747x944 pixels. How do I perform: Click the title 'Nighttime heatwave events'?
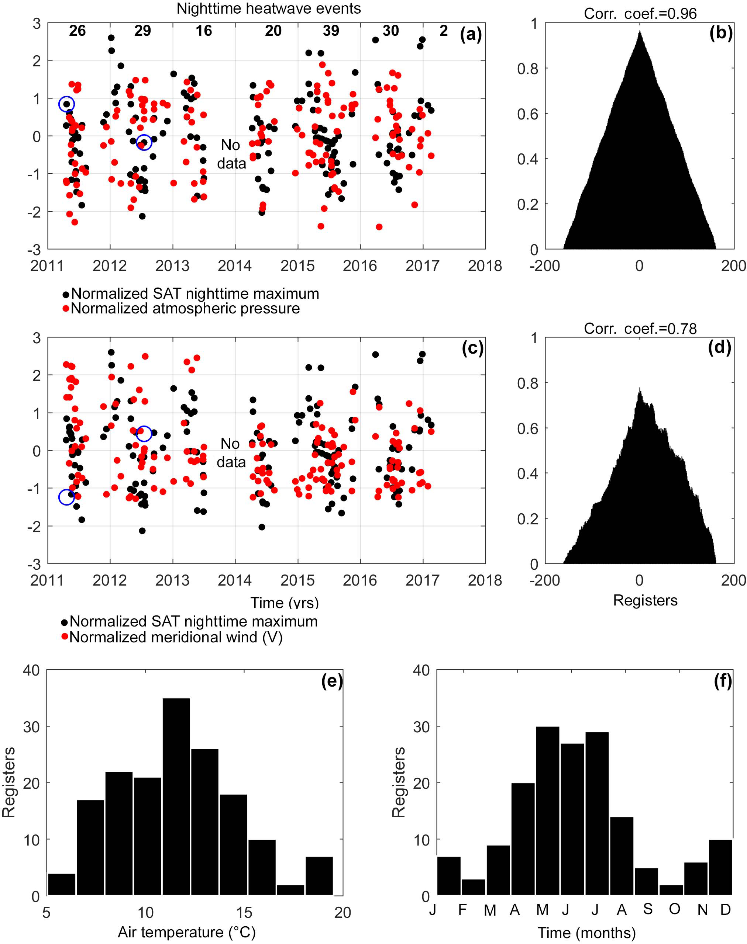269,9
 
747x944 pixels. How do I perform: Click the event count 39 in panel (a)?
331,31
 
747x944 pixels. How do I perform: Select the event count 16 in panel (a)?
204,31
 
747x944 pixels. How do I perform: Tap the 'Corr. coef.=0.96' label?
640,14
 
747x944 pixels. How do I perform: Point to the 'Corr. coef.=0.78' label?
640,329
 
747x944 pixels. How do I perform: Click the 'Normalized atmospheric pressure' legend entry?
185,309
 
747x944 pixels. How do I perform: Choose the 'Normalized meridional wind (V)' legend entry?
176,637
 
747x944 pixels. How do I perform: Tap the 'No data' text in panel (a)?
232,154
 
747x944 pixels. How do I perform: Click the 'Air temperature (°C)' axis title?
186,932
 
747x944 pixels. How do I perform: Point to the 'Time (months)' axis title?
586,933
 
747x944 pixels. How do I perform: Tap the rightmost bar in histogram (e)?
319,876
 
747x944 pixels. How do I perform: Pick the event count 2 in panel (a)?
444,31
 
